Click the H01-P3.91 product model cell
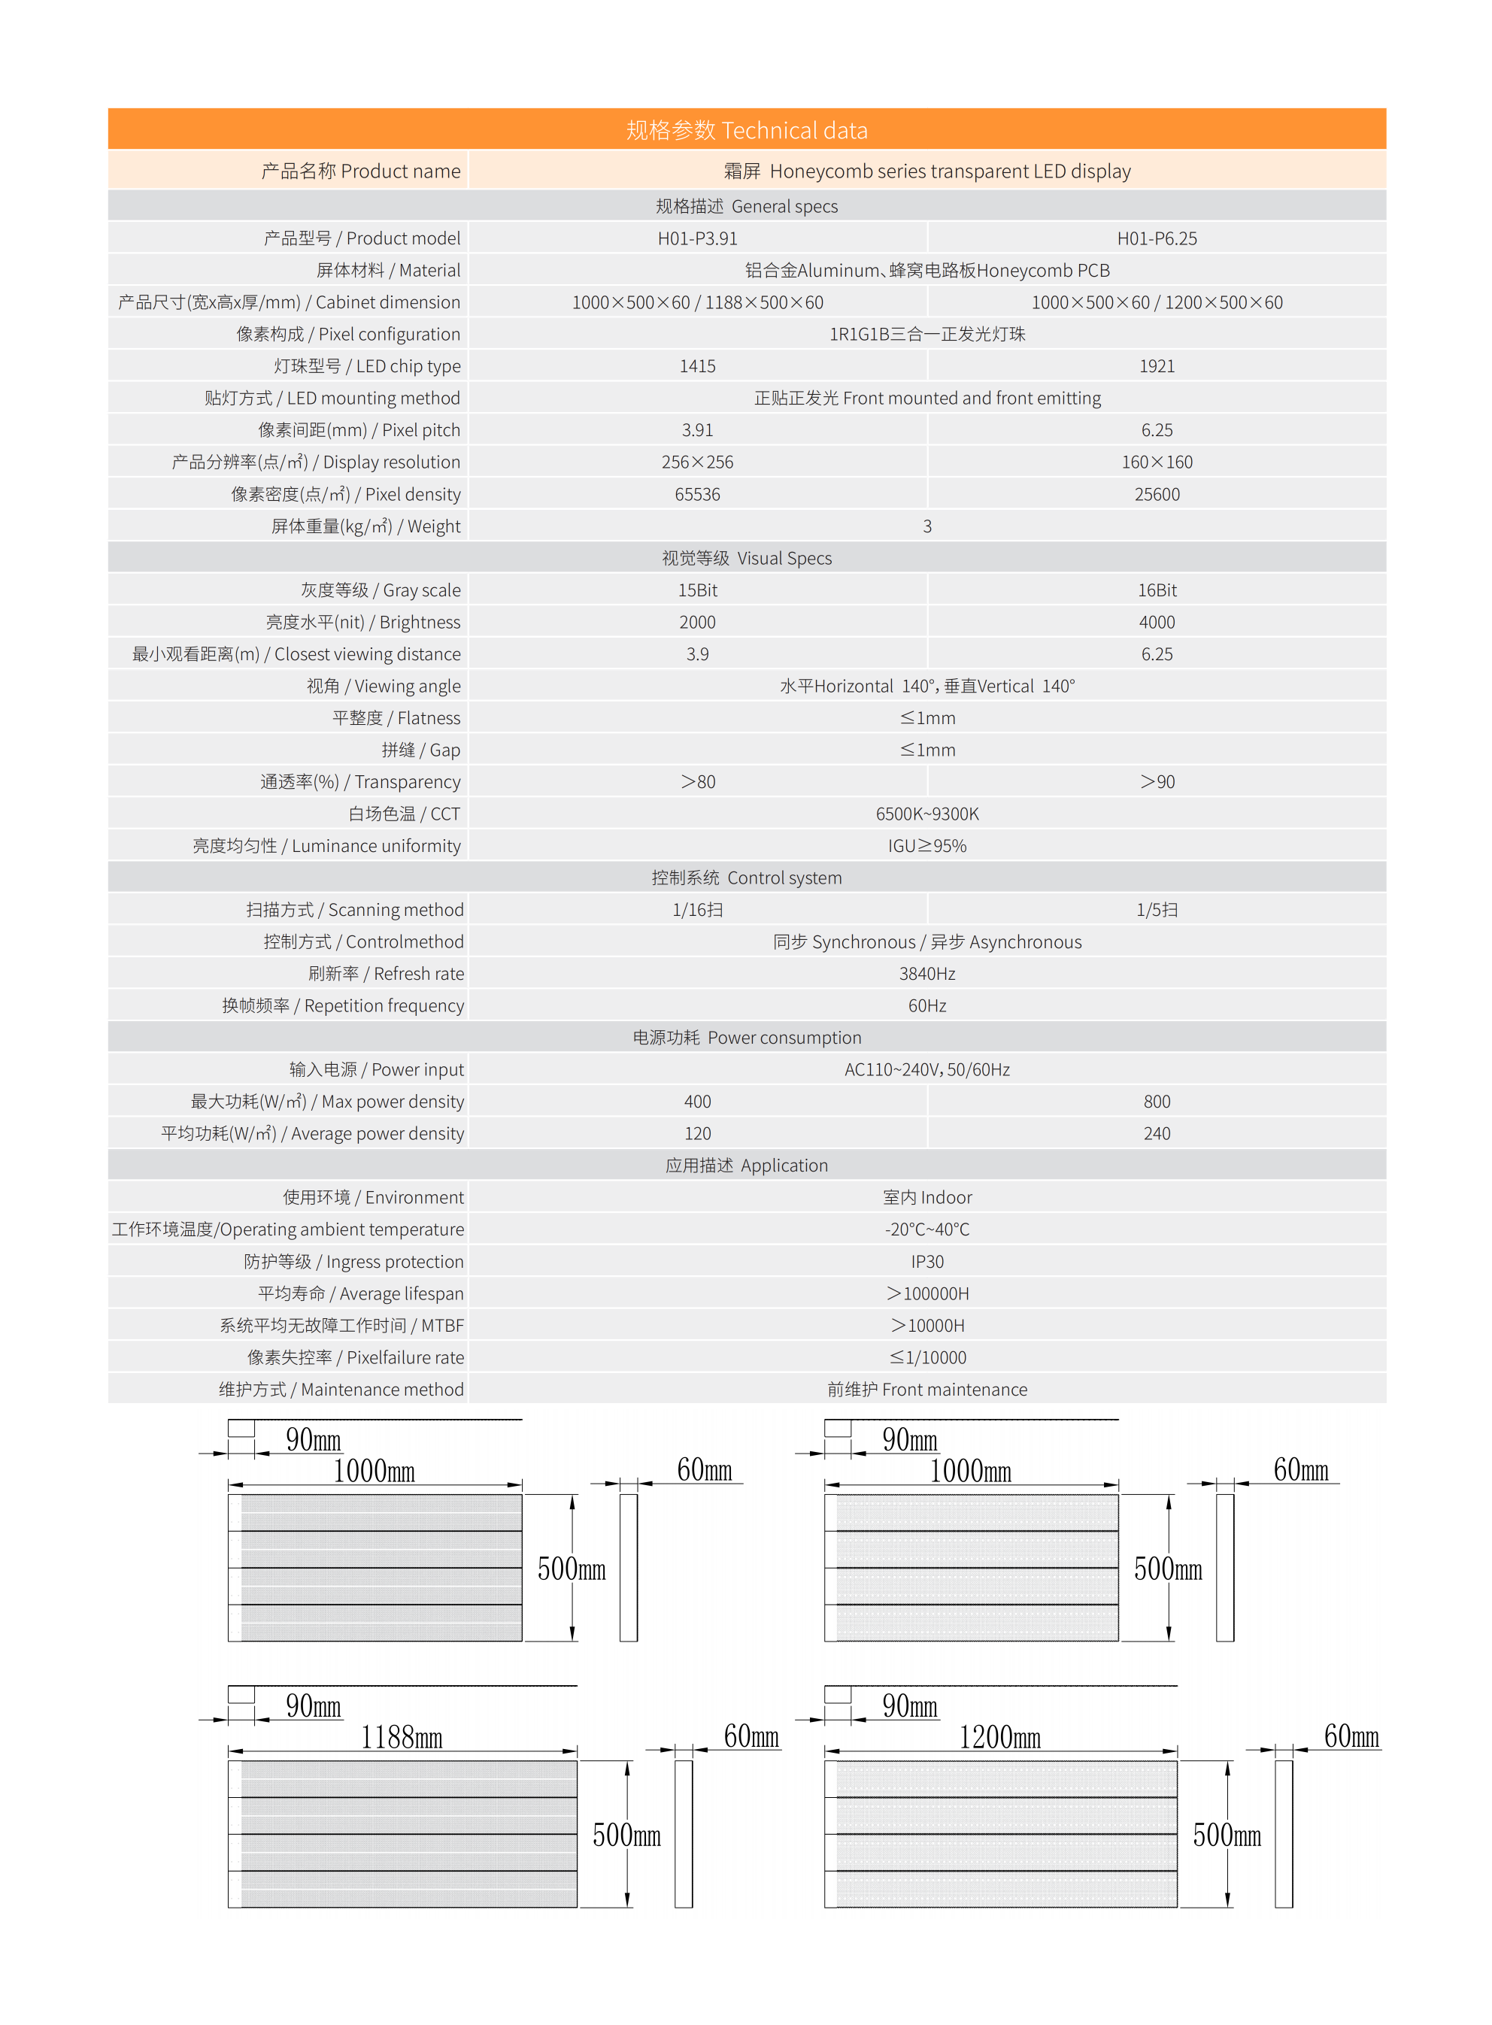click(697, 238)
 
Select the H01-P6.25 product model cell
click(1156, 238)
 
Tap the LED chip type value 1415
click(697, 366)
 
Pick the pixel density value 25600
click(1156, 495)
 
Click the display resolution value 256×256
click(697, 462)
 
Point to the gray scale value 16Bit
click(1156, 590)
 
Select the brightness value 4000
click(1156, 622)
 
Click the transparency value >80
click(697, 782)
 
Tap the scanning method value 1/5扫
click(1156, 910)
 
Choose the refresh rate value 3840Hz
click(926, 974)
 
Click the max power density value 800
click(1156, 1102)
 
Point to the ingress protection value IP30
click(926, 1262)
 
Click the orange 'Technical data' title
click(746, 131)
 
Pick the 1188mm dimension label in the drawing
click(401, 1737)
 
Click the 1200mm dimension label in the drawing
click(999, 1737)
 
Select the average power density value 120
click(697, 1134)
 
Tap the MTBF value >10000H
click(926, 1326)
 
